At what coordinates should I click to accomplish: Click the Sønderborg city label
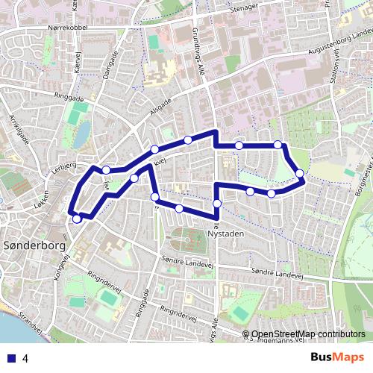click(x=35, y=244)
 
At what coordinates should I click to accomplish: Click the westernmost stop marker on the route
click(x=77, y=219)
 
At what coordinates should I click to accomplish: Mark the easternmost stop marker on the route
click(x=300, y=174)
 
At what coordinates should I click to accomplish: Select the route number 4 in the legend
click(x=25, y=358)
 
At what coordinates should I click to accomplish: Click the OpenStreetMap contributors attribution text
click(x=308, y=334)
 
